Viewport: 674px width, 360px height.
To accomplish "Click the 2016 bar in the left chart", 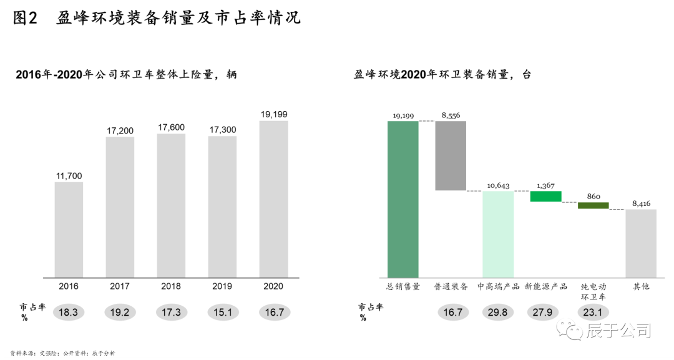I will coord(69,230).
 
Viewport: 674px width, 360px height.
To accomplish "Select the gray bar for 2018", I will coord(171,206).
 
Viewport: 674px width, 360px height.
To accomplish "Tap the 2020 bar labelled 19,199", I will coord(273,200).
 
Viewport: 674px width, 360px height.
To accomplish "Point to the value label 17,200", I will coord(120,130).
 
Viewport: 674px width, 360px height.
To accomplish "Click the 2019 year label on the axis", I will coord(222,286).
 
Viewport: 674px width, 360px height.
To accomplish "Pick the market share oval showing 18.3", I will coord(69,312).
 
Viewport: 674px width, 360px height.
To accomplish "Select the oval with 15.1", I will coord(222,312).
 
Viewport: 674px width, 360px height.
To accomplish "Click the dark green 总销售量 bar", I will coord(403,200).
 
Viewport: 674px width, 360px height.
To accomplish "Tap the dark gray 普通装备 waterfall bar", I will coord(451,155).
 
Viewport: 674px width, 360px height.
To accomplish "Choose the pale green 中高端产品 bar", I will coord(498,234).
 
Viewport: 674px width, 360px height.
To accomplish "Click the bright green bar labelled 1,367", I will coord(546,197).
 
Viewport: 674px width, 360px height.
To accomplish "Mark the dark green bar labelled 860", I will coord(593,205).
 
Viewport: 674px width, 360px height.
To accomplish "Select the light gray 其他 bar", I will coord(641,243).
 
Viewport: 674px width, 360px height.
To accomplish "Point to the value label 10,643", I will coord(498,185).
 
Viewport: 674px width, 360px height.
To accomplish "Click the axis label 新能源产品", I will coord(546,286).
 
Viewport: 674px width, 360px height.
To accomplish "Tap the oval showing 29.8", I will coord(498,312).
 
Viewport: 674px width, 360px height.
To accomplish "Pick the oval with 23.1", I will coord(593,312).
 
